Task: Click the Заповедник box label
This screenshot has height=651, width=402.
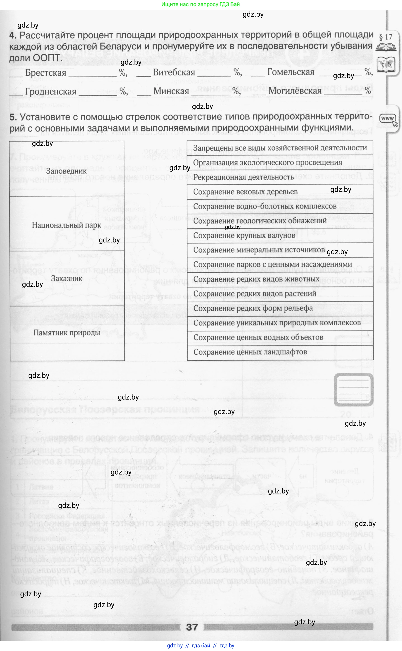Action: [x=66, y=171]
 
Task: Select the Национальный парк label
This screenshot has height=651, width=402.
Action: [x=66, y=225]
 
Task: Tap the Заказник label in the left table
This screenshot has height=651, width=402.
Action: [x=67, y=279]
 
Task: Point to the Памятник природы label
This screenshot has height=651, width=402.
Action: [x=67, y=333]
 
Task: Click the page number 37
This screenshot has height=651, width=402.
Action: [x=192, y=627]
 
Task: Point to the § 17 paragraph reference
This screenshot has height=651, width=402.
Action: [x=386, y=37]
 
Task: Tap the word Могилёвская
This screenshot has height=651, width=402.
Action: [x=295, y=91]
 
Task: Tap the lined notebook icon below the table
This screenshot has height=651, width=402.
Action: [x=353, y=390]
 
